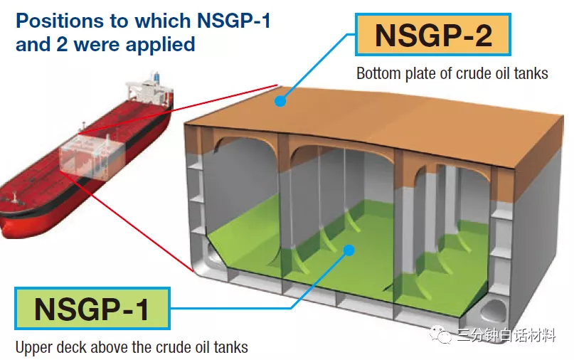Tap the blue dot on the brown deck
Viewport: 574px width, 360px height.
click(280, 102)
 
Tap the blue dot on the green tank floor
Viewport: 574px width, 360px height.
click(349, 249)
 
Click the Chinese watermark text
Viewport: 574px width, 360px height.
click(506, 335)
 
